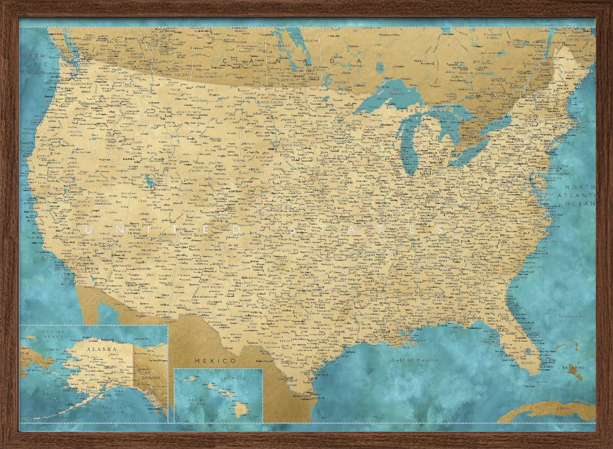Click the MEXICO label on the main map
(207, 361)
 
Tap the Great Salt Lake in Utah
(150, 181)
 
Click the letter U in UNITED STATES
(88, 230)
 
